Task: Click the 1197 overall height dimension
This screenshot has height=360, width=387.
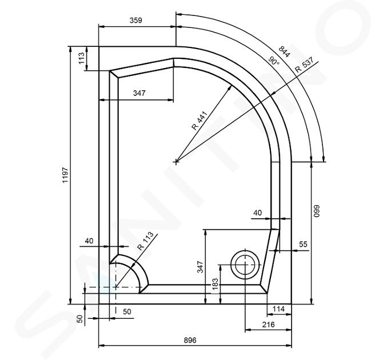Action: tap(65, 175)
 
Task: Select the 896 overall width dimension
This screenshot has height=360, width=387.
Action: tap(190, 340)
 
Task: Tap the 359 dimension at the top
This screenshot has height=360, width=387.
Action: tap(136, 20)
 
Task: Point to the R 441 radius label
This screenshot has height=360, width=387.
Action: tap(200, 121)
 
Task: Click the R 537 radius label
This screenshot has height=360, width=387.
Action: tap(305, 65)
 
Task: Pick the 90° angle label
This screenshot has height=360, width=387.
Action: tap(274, 61)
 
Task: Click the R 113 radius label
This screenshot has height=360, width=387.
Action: tap(145, 241)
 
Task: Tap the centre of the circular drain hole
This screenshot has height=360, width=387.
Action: tap(245, 265)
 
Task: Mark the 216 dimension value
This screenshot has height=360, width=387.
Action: tap(268, 324)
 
